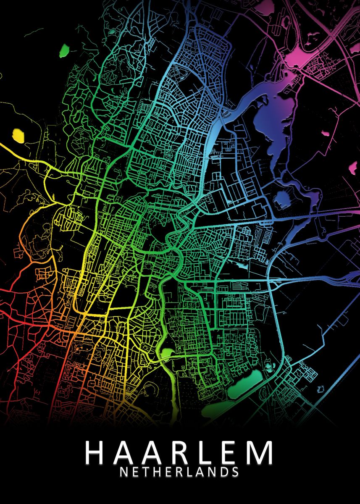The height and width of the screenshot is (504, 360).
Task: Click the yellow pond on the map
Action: click(18, 135)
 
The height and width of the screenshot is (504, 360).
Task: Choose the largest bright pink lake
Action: click(300, 57)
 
